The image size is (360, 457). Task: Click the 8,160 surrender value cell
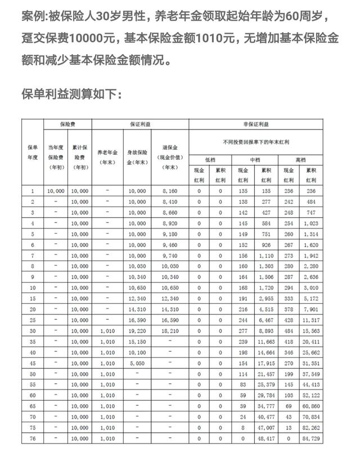[169, 191]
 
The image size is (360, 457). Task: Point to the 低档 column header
[210, 160]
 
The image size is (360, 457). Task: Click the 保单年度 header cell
[33, 152]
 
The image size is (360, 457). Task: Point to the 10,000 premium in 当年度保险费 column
[56, 191]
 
